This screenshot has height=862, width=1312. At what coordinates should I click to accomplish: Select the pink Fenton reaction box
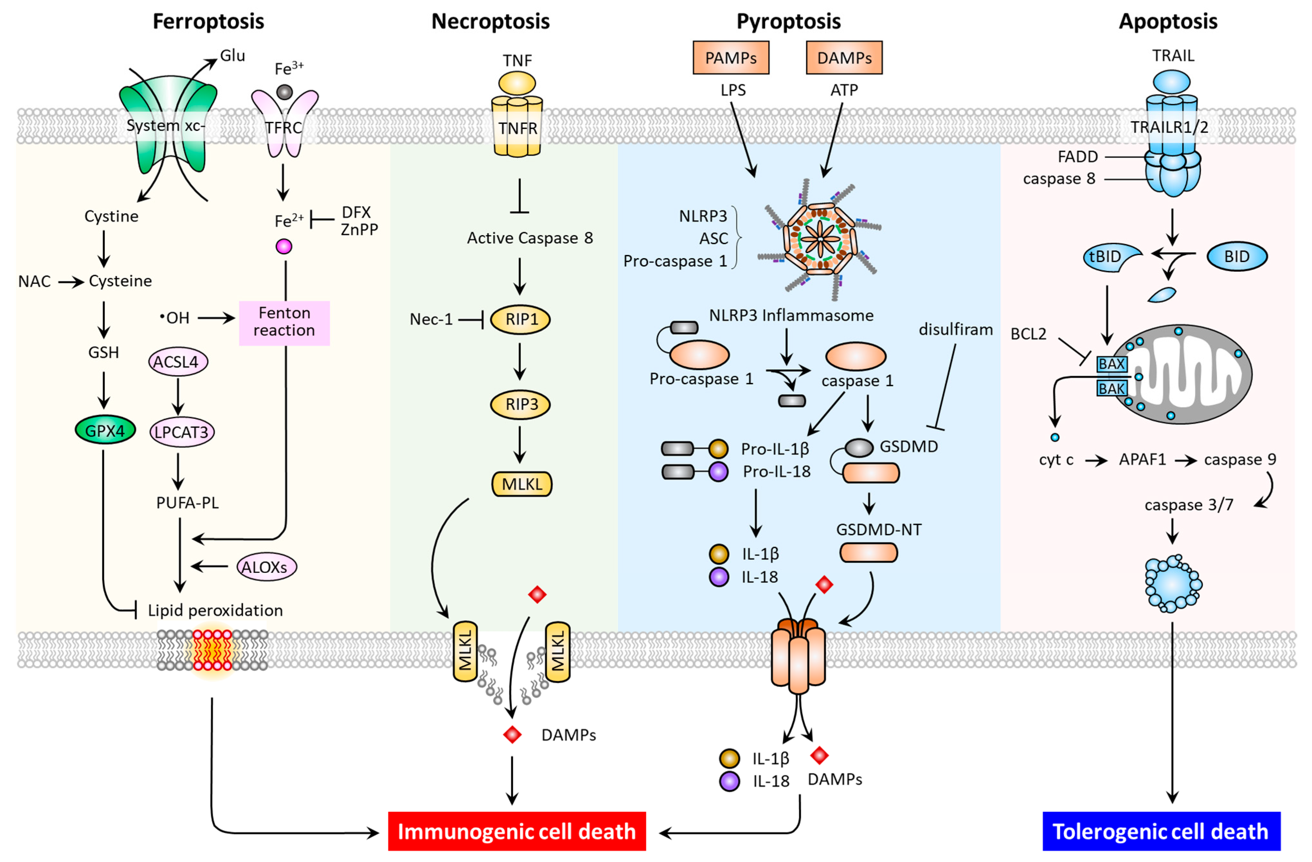coord(284,322)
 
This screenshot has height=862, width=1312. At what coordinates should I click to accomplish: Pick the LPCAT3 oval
coord(181,432)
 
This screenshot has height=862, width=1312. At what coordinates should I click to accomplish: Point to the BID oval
coord(1236,257)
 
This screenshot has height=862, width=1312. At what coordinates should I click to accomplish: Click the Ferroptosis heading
coord(208,22)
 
